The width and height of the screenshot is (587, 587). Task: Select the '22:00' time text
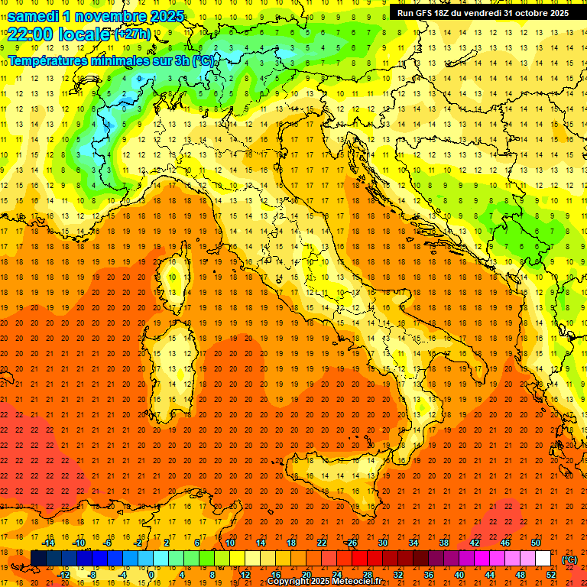click(30, 34)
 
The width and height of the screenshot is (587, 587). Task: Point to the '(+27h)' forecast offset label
click(132, 34)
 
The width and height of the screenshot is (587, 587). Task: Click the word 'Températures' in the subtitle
click(45, 60)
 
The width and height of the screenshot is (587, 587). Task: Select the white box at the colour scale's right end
click(543, 558)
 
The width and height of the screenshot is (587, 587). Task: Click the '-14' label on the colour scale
click(50, 543)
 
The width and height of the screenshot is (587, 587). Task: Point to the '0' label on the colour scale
click(152, 574)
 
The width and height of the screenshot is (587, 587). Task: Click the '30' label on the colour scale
click(382, 543)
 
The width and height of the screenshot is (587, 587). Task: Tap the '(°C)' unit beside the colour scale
click(569, 559)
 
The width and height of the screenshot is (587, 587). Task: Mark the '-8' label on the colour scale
click(93, 574)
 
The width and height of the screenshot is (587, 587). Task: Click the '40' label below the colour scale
click(459, 574)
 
